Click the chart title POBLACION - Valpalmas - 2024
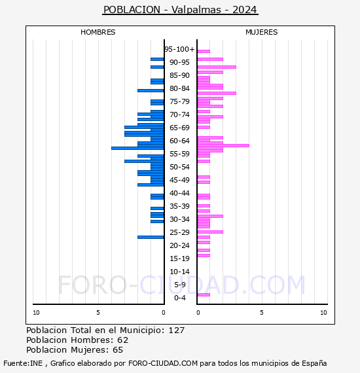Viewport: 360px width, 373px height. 180,10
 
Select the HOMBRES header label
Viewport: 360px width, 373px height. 98,32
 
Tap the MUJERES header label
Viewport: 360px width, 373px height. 261,32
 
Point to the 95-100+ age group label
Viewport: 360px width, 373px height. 179,49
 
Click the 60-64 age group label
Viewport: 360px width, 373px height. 179,141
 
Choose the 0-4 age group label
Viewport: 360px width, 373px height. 180,298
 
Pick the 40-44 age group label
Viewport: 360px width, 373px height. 179,193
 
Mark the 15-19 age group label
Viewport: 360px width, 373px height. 179,258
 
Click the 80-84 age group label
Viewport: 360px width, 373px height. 179,88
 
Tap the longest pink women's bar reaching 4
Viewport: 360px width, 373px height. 223,145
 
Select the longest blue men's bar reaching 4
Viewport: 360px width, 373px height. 137,148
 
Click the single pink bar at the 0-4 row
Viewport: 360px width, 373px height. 204,294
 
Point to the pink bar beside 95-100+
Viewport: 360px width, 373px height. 204,51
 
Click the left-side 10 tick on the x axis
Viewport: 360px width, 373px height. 36,313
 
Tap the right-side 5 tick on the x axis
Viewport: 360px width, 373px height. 261,313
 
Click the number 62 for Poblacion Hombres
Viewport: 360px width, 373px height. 122,340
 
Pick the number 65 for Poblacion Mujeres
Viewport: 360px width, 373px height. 118,350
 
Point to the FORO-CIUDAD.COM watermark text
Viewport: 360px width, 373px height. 181,285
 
